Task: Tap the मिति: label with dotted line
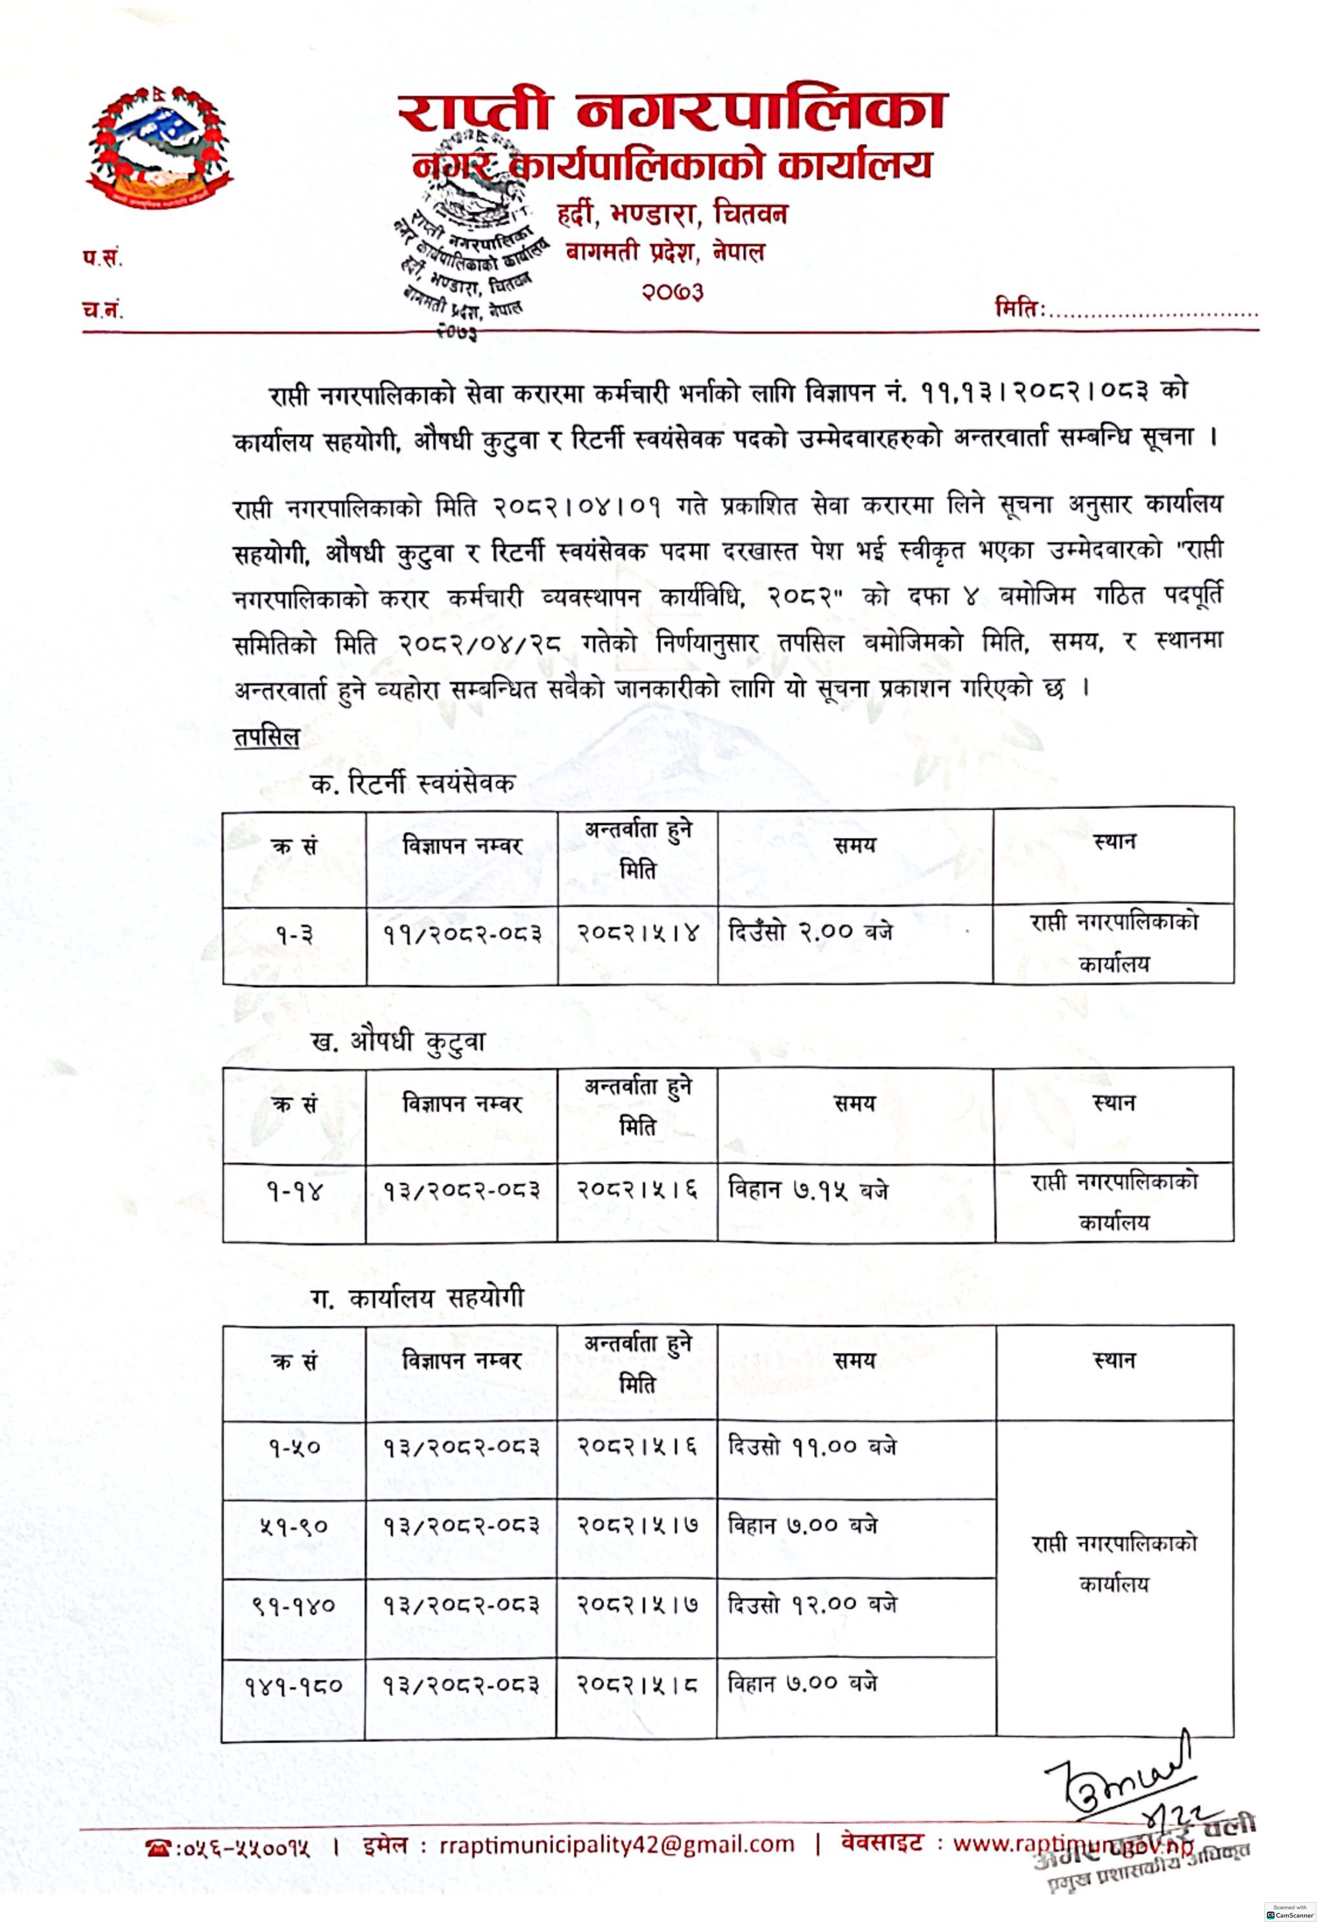tap(1126, 311)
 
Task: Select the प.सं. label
tap(101, 259)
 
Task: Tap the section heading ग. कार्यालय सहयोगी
tap(416, 1298)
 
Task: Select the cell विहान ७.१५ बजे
tap(808, 1190)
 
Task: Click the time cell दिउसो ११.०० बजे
tap(812, 1446)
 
